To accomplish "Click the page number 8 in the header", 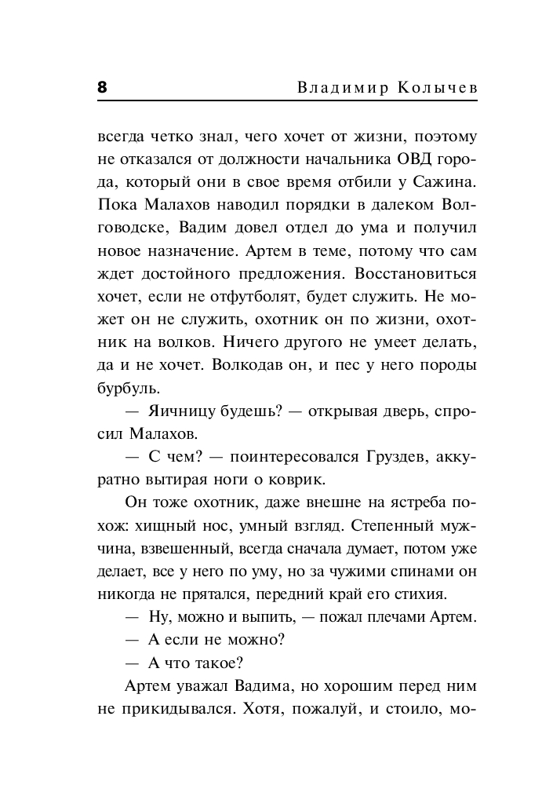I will point(102,87).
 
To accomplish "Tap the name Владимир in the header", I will point(334,88).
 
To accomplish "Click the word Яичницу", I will point(174,411).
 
